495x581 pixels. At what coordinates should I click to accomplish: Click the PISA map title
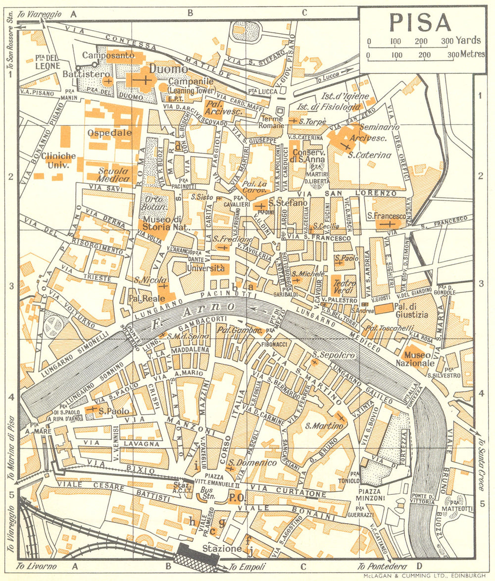[420, 23]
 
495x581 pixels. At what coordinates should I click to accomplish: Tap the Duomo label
[169, 69]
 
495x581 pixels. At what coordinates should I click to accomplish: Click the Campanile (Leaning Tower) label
[191, 85]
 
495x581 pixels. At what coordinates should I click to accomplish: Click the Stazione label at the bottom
[222, 549]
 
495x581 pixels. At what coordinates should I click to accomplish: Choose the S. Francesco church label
[387, 216]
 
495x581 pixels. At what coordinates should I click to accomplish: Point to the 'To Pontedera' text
[383, 567]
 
